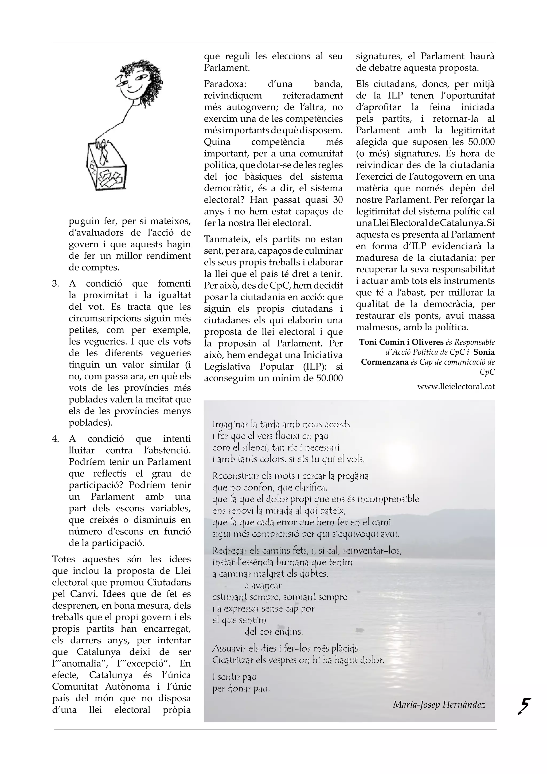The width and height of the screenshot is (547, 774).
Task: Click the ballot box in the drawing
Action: pyautogui.click(x=106, y=167)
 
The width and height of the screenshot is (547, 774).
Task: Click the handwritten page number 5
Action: pyautogui.click(x=524, y=706)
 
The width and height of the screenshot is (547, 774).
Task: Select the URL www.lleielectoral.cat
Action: pyautogui.click(x=456, y=387)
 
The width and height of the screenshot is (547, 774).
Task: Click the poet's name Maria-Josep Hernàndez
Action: pyautogui.click(x=439, y=705)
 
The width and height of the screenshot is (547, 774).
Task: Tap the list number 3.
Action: pyautogui.click(x=56, y=284)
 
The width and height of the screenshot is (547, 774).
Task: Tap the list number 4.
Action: pyautogui.click(x=56, y=439)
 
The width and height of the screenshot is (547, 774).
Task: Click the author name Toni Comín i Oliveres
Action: pyautogui.click(x=401, y=342)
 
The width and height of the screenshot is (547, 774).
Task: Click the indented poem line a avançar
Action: pyautogui.click(x=263, y=586)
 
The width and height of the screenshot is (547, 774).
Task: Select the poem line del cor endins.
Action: pyautogui.click(x=274, y=631)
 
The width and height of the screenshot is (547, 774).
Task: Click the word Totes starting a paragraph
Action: pyautogui.click(x=64, y=559)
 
